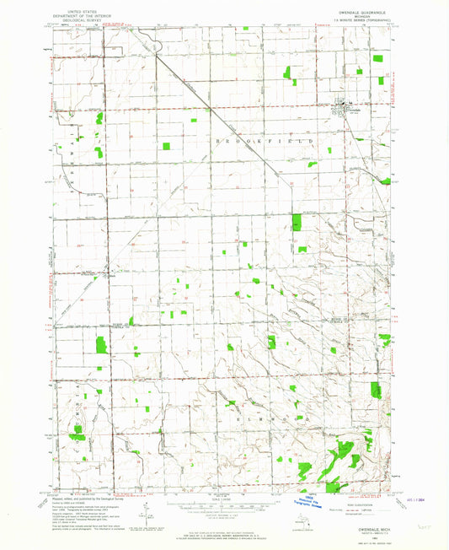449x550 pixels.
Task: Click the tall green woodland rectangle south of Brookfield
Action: [296, 223]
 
